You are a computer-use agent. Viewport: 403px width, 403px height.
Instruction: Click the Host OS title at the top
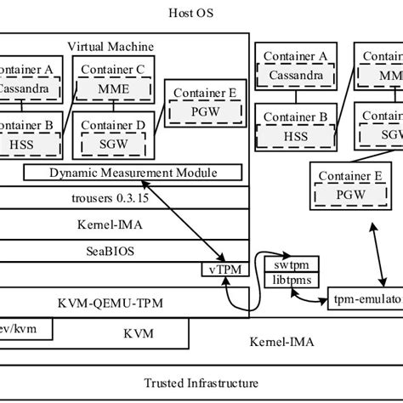(x=201, y=13)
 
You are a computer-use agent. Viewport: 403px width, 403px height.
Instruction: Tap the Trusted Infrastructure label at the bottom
(x=201, y=381)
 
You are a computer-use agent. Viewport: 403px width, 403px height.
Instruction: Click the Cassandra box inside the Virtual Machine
(x=31, y=88)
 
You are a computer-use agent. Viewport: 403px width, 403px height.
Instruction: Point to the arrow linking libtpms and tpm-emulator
(x=309, y=298)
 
